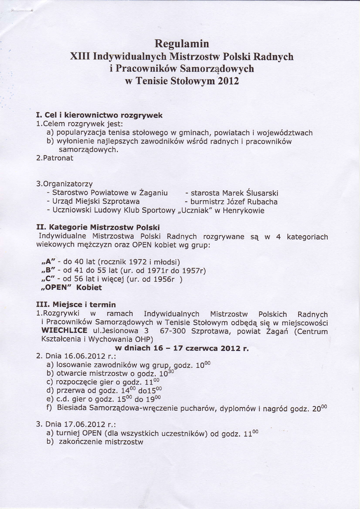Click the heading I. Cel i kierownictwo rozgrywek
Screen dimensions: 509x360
(x=99, y=115)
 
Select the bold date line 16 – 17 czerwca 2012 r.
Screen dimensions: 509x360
(x=181, y=348)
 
